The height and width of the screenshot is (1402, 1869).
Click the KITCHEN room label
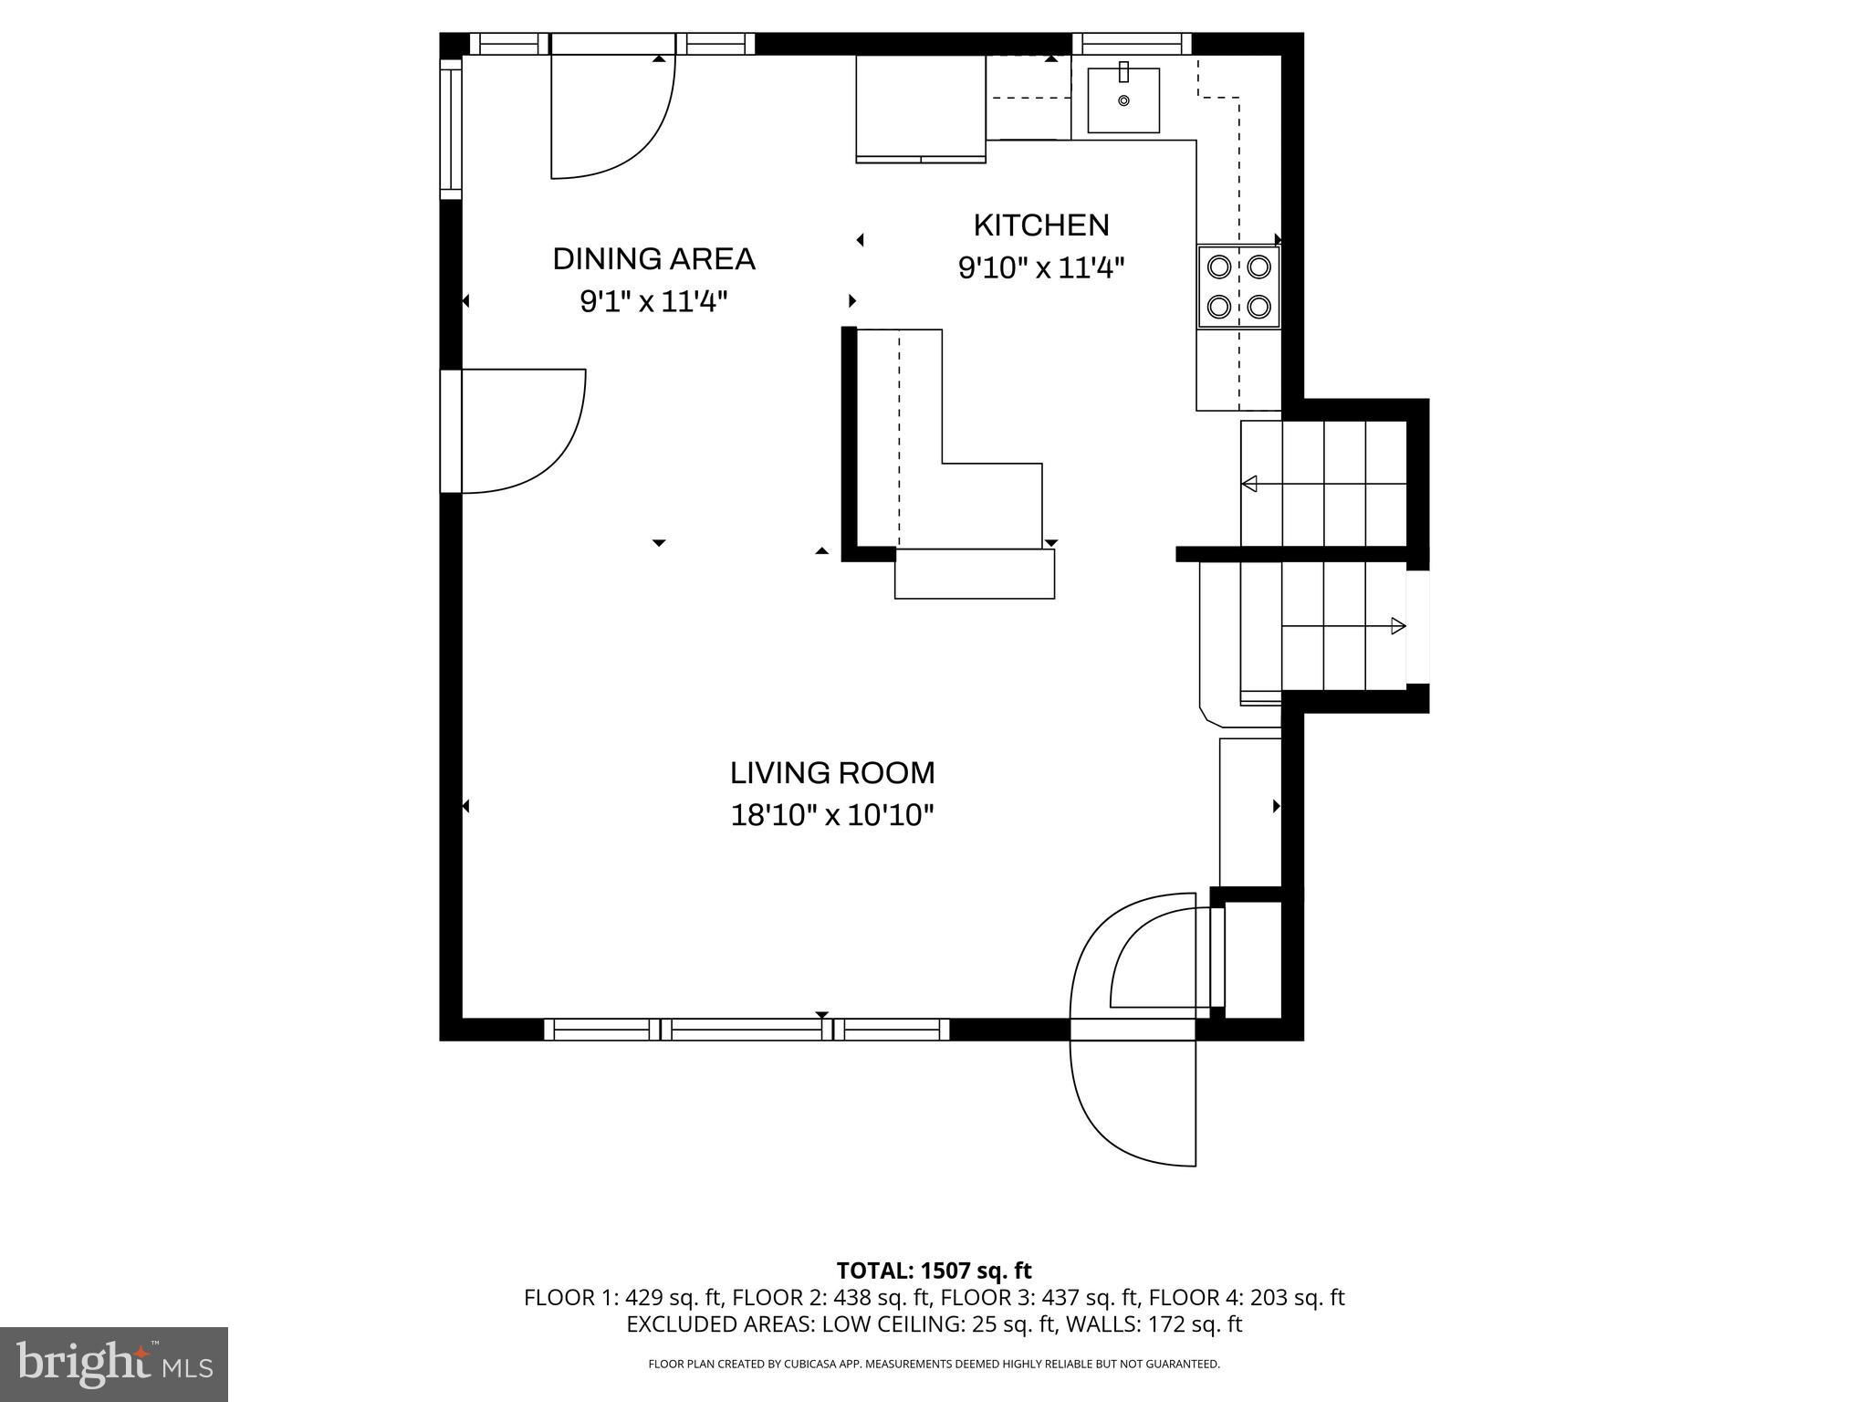point(1041,225)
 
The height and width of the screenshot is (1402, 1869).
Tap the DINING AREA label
point(654,259)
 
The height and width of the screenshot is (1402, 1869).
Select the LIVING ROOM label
point(832,773)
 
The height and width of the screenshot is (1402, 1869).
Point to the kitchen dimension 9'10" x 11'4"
point(1041,268)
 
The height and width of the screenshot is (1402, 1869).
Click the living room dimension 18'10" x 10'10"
point(832,815)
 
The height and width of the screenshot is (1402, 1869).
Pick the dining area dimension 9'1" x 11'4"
point(654,301)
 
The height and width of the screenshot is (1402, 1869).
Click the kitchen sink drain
point(1123,100)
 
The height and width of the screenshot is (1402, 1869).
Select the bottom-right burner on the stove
point(1259,306)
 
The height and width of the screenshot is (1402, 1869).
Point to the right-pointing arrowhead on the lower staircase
point(1398,626)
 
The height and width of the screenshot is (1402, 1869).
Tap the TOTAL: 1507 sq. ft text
point(934,1271)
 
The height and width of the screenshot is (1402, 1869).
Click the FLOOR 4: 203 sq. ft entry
point(1247,1297)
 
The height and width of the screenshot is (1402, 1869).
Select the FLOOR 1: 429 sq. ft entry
point(623,1297)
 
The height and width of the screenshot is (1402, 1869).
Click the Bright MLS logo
point(114,1364)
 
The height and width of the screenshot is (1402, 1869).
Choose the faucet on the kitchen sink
point(1123,71)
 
